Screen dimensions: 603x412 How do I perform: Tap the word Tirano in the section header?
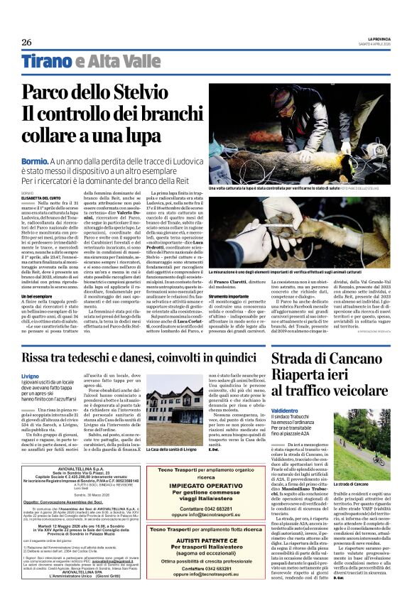(45, 61)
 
